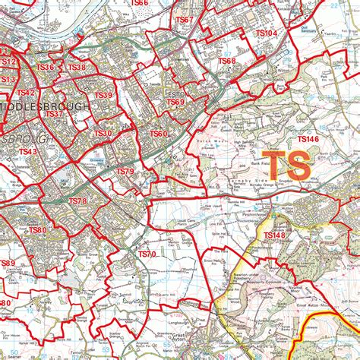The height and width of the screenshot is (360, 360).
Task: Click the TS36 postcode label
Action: click(x=46, y=68)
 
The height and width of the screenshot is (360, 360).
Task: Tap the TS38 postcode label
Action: click(x=77, y=68)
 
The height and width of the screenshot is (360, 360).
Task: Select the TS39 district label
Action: click(x=103, y=95)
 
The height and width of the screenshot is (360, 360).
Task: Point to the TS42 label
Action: click(x=26, y=93)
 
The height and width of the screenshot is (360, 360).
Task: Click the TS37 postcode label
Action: click(x=53, y=114)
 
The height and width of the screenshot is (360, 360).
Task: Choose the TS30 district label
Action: click(x=103, y=134)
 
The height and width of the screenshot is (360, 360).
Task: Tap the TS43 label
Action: click(x=27, y=152)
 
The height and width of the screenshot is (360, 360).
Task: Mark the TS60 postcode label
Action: click(x=158, y=134)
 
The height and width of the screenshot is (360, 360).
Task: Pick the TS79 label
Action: click(x=125, y=172)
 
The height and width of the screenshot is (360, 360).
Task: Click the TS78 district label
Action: click(x=78, y=201)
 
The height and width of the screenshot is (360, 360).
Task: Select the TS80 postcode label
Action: click(x=37, y=230)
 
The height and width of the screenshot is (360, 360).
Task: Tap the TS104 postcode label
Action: click(x=267, y=33)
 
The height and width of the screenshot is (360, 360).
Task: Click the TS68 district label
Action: click(x=227, y=61)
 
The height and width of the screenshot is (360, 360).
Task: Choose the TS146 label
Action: click(x=308, y=139)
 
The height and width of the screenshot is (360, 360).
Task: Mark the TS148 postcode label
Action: click(x=274, y=236)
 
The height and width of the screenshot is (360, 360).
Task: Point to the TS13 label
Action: click(x=8, y=79)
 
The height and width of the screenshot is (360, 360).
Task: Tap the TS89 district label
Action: click(x=7, y=263)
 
